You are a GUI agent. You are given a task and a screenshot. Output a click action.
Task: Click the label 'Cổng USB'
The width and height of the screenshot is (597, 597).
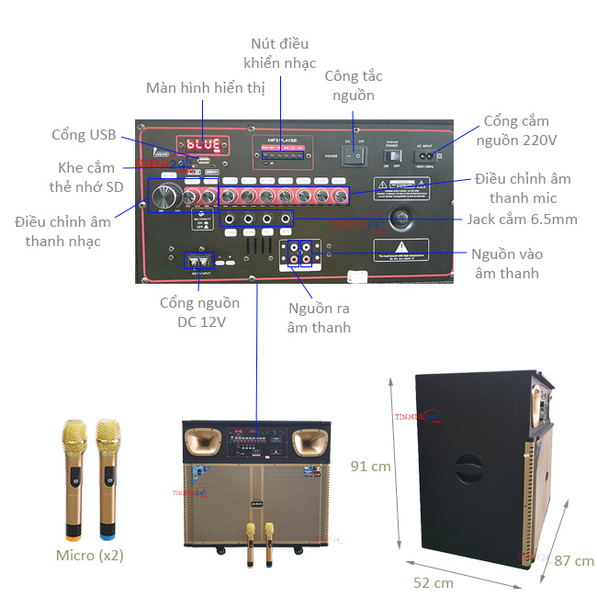click(x=84, y=135)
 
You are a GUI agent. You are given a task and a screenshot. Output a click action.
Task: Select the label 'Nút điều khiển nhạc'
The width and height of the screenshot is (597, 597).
click(x=280, y=53)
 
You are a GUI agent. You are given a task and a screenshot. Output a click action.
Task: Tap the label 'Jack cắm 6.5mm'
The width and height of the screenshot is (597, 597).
click(x=522, y=219)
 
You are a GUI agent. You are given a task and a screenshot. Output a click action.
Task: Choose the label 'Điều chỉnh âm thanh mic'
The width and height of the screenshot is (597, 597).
click(x=523, y=188)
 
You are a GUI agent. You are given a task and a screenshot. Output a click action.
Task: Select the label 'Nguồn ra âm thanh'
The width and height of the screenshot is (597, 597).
click(x=319, y=318)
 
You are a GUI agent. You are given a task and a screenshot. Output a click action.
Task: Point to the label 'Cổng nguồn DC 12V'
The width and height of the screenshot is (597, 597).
click(x=200, y=312)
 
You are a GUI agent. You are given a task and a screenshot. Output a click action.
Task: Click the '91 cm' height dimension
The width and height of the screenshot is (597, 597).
click(x=371, y=467)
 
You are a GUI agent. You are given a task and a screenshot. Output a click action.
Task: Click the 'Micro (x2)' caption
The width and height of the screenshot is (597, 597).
click(x=90, y=555)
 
